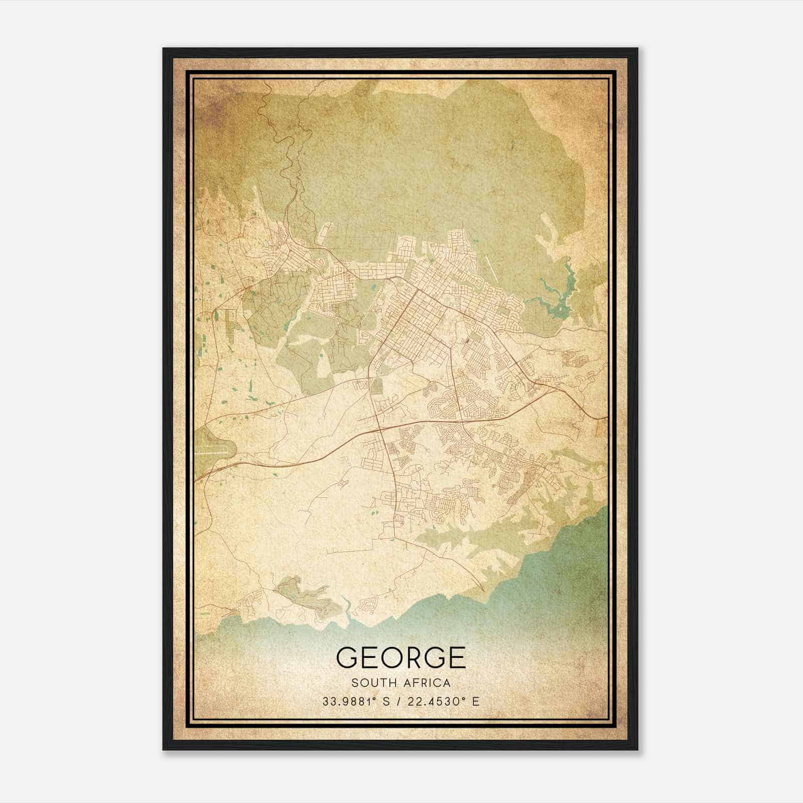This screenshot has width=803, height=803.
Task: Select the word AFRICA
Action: point(425,683)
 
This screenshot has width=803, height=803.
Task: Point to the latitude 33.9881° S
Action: point(356,701)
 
